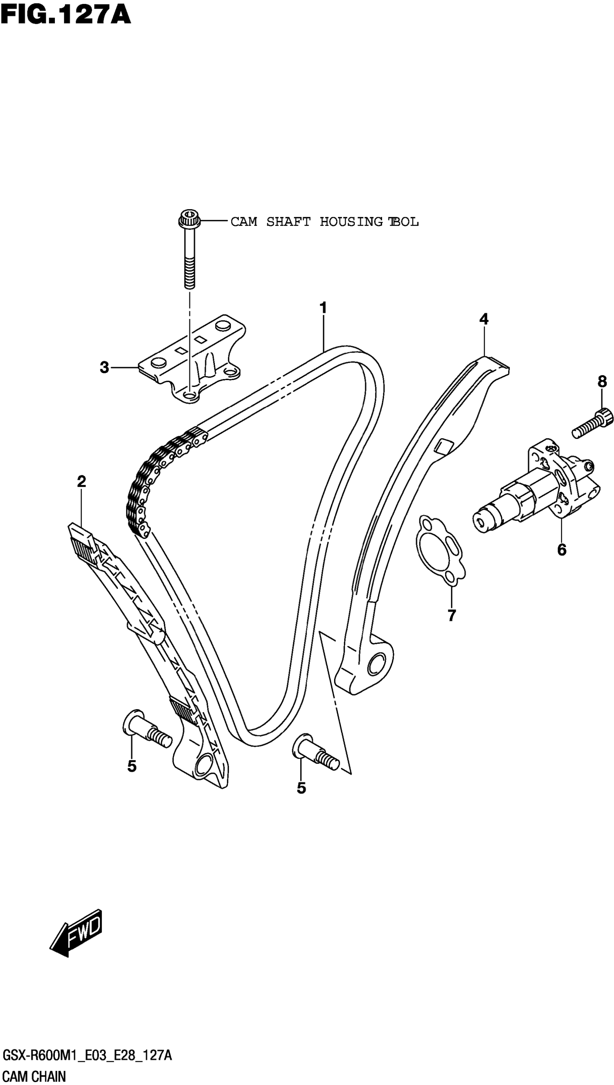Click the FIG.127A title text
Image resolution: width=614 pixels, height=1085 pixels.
65,15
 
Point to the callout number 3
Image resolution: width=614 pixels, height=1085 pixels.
104,367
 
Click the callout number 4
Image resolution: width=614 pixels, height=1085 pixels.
484,319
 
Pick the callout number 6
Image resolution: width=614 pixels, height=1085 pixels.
561,550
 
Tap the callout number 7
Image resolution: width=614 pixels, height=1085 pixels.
451,615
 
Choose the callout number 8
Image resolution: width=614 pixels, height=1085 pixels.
602,382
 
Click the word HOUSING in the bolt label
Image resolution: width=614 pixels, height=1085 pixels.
351,221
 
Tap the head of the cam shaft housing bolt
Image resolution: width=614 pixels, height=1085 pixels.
189,219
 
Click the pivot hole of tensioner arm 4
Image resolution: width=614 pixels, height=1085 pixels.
376,664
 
